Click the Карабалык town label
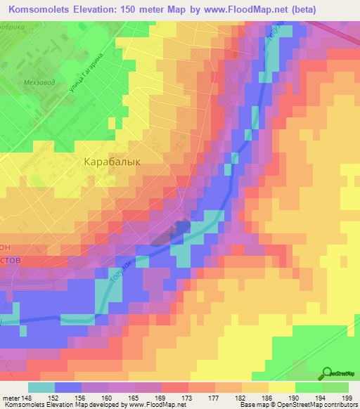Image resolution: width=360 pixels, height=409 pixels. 112,161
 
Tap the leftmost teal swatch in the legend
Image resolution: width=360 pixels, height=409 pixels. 41,387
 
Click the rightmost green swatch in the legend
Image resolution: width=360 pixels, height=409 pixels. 335,387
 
